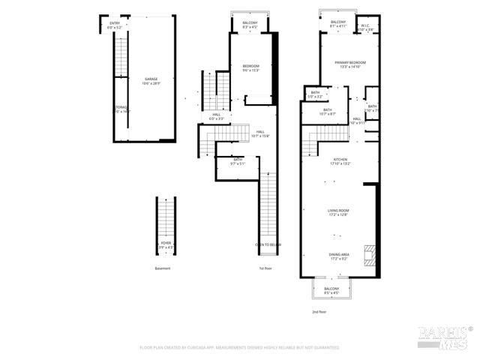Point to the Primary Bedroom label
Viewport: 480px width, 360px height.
tap(350, 64)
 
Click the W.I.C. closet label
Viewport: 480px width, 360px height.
tap(365, 28)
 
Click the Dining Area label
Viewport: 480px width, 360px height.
tap(339, 256)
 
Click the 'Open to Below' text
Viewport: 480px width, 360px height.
tap(268, 244)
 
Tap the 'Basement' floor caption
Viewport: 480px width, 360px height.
tap(163, 268)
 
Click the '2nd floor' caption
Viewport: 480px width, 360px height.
tap(319, 311)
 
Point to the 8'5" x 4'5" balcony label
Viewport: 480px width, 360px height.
tap(331, 290)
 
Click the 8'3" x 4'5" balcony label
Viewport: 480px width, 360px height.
tap(250, 25)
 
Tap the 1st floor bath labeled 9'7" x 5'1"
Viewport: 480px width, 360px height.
tap(238, 160)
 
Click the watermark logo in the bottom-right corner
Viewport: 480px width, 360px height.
tap(445, 337)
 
